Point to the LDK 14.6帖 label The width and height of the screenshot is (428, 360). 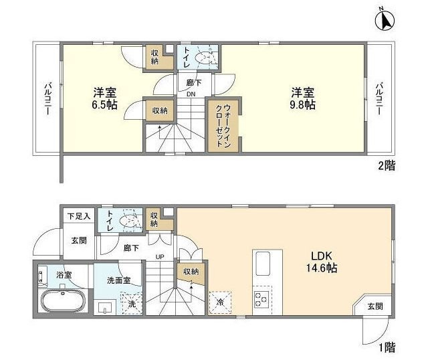322,262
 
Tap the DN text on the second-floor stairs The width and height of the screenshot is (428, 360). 191,94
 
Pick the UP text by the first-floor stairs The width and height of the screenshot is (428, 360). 161,257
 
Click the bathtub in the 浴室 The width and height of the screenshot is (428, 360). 62,302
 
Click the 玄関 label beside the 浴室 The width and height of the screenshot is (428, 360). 80,240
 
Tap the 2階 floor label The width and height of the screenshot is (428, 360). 386,165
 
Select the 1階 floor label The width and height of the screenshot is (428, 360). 386,349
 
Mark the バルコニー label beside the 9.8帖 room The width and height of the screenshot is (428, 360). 379,98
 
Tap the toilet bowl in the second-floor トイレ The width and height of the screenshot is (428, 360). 204,58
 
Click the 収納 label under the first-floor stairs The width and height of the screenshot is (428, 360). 190,272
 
